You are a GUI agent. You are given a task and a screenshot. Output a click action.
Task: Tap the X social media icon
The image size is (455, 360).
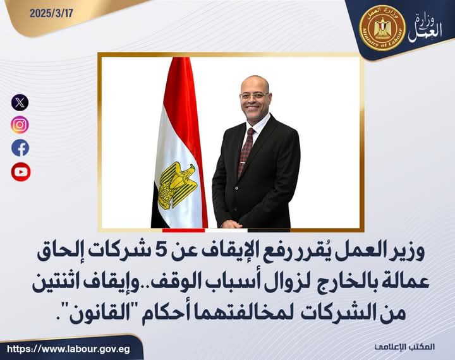[x=20, y=102]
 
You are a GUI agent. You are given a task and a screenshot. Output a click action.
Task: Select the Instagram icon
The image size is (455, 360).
[x=20, y=124]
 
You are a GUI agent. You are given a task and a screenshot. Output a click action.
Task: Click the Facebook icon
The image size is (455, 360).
[x=20, y=148]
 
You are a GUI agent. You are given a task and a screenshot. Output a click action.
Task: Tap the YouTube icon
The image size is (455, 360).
[x=20, y=171]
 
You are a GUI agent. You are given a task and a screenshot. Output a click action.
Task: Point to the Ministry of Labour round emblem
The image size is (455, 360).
[x=381, y=28]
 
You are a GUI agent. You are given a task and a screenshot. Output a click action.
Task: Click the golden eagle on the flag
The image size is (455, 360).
[x=176, y=184]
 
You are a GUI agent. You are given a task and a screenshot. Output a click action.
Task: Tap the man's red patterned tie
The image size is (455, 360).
[x=246, y=152]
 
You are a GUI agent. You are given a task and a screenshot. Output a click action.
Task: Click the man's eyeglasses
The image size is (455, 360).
[x=253, y=95]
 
